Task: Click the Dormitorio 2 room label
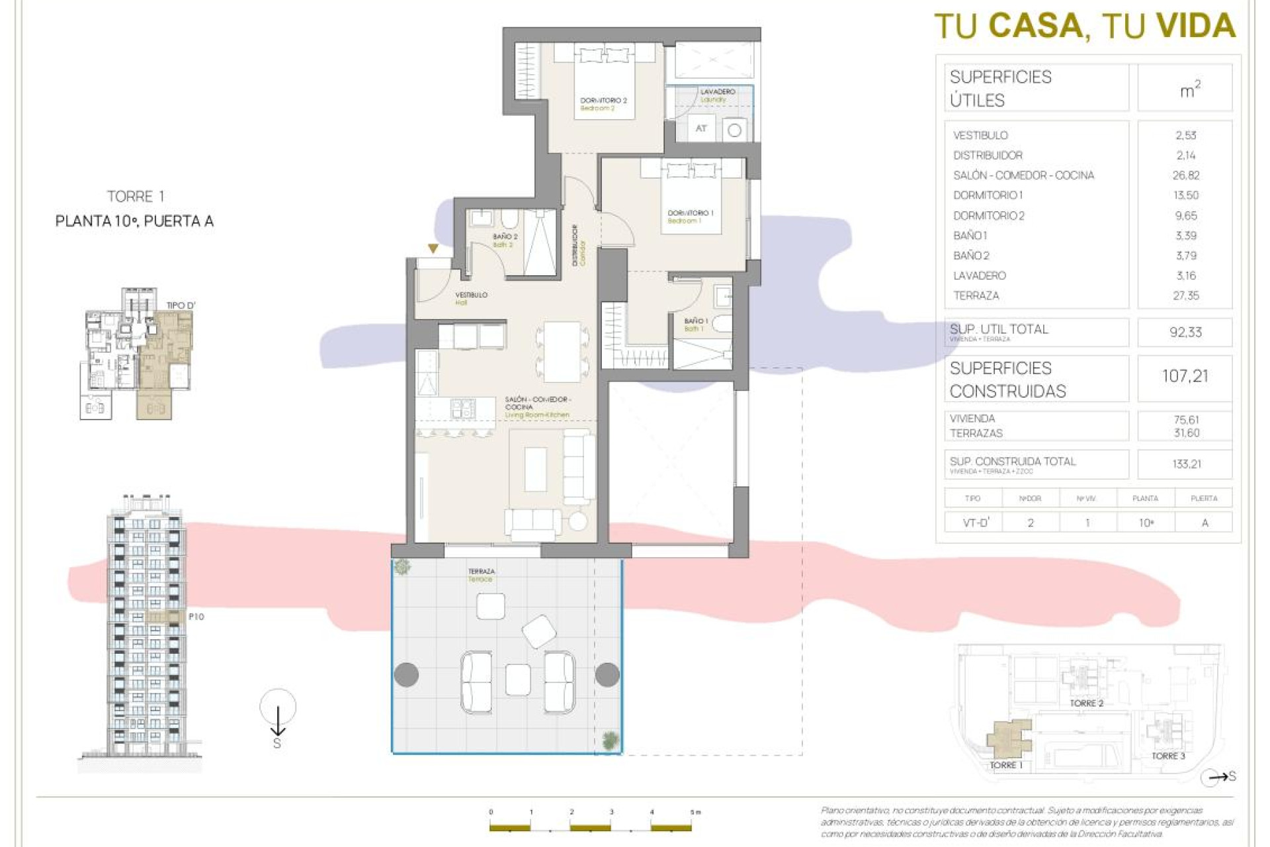point(603,101)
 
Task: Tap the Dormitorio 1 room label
point(690,213)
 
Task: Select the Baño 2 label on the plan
point(505,236)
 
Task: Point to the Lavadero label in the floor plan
point(717,92)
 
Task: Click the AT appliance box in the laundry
point(701,128)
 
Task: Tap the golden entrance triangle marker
point(433,249)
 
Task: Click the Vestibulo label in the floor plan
point(471,294)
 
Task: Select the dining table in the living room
point(562,351)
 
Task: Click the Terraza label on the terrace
point(481,571)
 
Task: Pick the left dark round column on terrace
point(406,674)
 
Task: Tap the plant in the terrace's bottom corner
point(611,739)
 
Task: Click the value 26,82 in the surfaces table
point(1185,175)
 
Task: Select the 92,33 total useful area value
point(1185,332)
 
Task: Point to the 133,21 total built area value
point(1186,464)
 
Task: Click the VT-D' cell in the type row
point(976,523)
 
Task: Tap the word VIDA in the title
point(1196,26)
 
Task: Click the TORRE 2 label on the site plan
point(1086,703)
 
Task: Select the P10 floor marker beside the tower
point(196,617)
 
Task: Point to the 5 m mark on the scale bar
point(692,813)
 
